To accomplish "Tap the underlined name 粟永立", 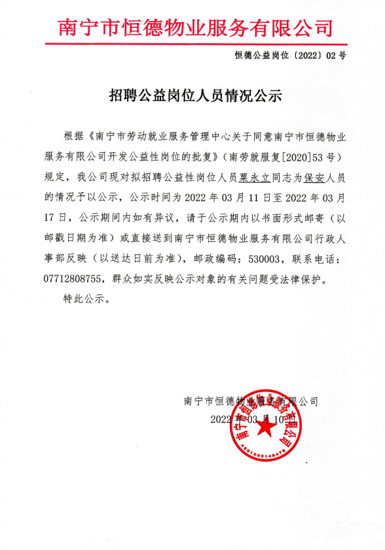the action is point(253,177).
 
